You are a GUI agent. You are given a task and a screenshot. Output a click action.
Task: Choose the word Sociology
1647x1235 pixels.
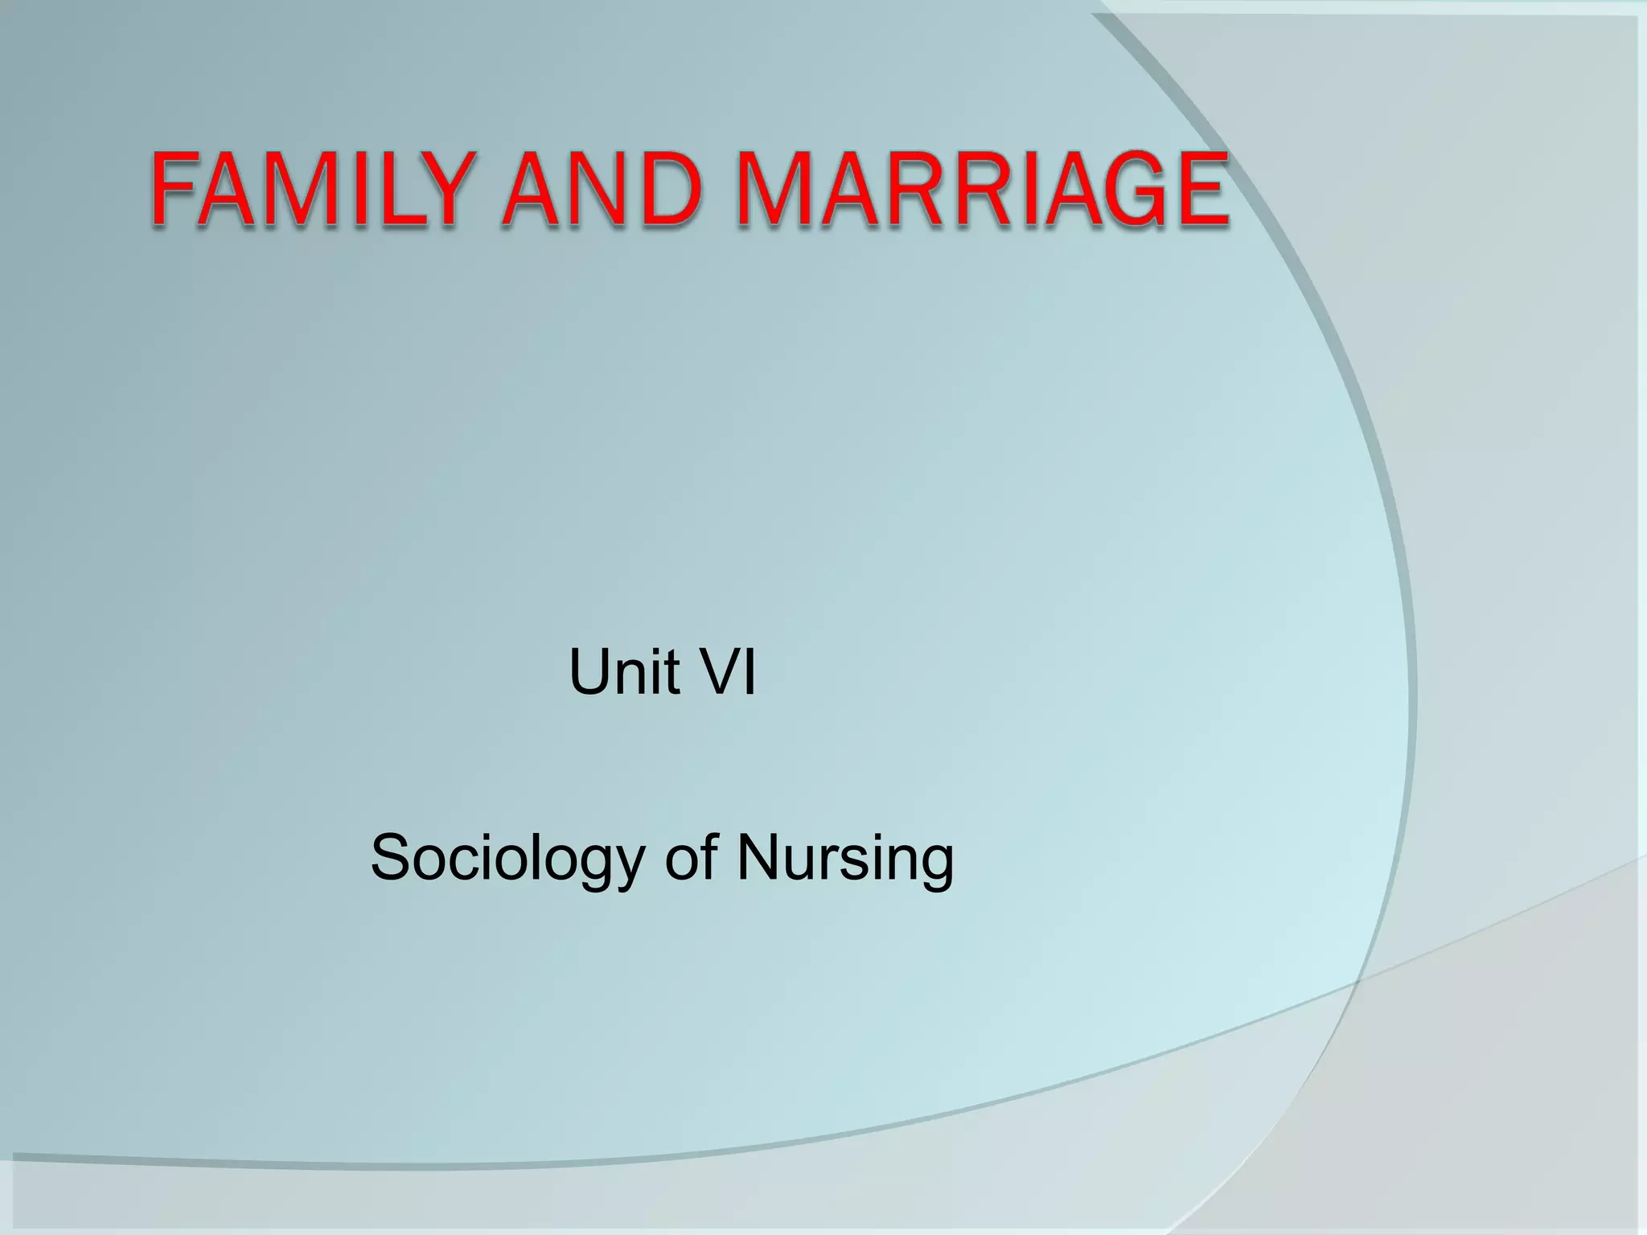point(507,859)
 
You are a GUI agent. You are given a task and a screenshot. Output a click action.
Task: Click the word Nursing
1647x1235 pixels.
point(845,859)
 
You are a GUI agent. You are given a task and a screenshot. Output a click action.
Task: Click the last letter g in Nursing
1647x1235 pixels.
point(936,865)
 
